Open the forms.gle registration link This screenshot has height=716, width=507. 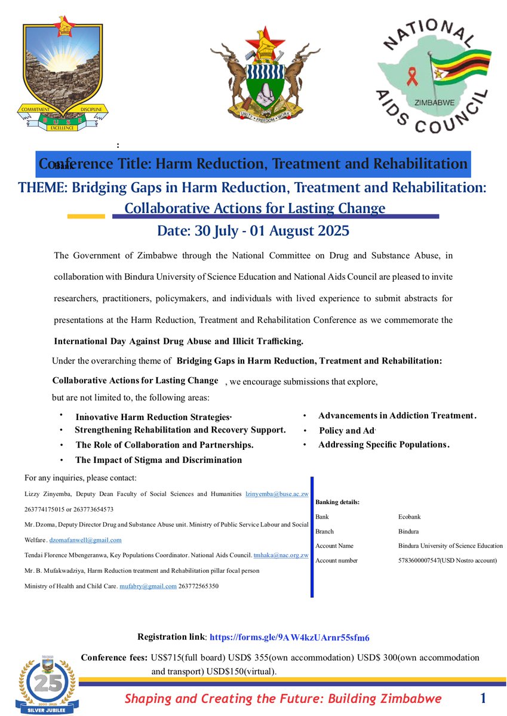point(290,637)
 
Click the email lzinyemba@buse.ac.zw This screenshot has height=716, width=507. point(276,494)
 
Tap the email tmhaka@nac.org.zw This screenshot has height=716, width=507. point(281,555)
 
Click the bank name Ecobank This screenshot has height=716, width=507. point(410,517)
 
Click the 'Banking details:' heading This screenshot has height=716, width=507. point(337,502)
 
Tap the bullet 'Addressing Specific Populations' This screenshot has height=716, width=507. point(383,445)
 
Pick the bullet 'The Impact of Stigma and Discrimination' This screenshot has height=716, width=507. point(158,460)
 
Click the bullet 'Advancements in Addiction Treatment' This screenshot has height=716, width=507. point(397,416)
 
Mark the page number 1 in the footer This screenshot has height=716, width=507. point(483,698)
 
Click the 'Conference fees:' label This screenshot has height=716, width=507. point(114,658)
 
